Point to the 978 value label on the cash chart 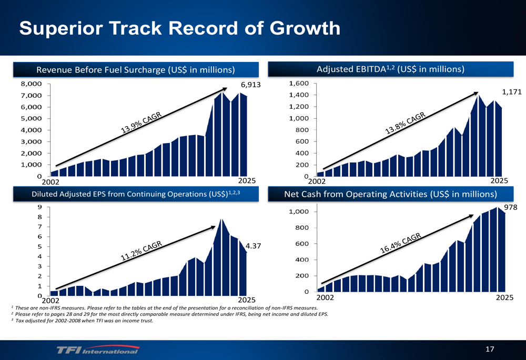click(511, 208)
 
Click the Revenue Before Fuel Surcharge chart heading click(135, 70)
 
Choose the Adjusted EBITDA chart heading click(390, 69)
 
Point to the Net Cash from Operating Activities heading click(390, 195)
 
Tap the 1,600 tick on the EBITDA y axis click(298, 84)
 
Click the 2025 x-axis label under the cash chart click(504, 297)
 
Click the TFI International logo click(98, 350)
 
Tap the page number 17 click(490, 349)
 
